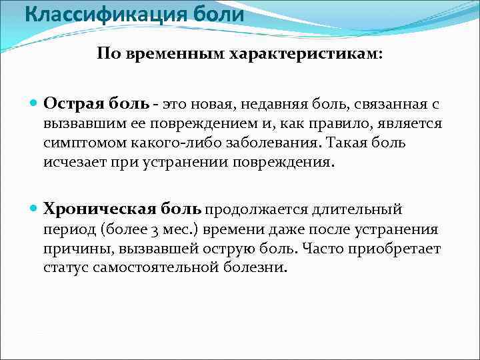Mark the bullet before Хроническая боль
[x=35, y=209]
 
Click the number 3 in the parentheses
[x=151, y=230]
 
